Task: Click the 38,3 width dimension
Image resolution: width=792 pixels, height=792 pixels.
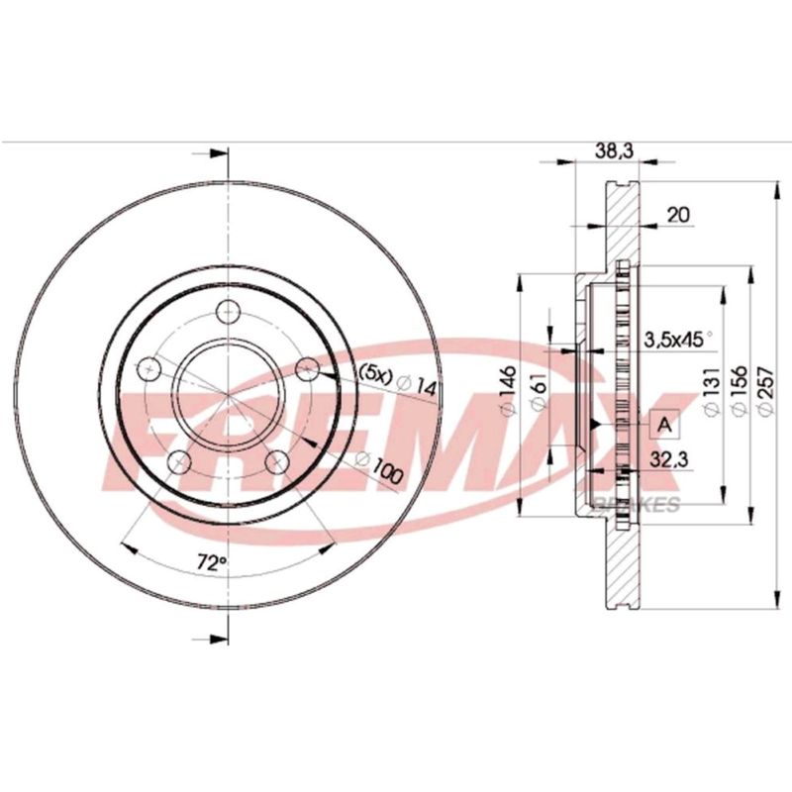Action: [x=613, y=150]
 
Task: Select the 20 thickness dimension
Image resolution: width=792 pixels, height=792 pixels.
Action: [x=678, y=215]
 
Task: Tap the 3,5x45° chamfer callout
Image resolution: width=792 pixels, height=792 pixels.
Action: [x=678, y=340]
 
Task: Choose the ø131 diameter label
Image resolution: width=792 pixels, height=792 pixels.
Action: [x=712, y=391]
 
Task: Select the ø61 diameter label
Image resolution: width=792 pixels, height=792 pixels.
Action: [x=539, y=392]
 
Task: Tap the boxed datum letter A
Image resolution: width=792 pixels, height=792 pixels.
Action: [x=665, y=425]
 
